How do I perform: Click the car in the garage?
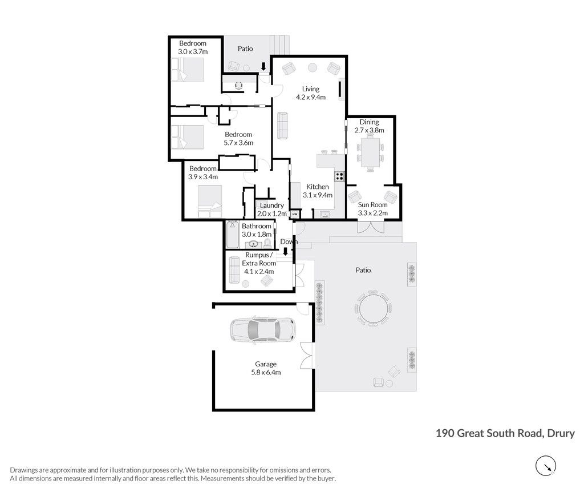[x=262, y=329]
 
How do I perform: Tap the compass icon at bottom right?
[x=546, y=466]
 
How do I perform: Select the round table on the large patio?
[x=374, y=308]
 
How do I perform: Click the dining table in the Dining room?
[x=370, y=152]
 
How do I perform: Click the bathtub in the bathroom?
[x=233, y=235]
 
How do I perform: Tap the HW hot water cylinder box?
[x=295, y=214]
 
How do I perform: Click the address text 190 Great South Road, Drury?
[x=505, y=433]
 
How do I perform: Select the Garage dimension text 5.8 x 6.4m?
[x=266, y=372]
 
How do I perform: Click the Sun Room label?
[x=373, y=205]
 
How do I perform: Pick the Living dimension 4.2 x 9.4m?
[x=311, y=97]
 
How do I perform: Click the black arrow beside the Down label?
[x=286, y=252]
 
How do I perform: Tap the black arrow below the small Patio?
[x=263, y=67]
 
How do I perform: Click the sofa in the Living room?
[x=283, y=126]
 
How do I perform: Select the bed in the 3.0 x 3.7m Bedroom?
[x=188, y=69]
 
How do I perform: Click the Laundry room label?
[x=272, y=205]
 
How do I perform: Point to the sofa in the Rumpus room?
[x=234, y=270]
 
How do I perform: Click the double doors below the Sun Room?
[x=371, y=228]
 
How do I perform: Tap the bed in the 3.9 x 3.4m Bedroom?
[x=210, y=201]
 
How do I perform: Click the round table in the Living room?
[x=312, y=68]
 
